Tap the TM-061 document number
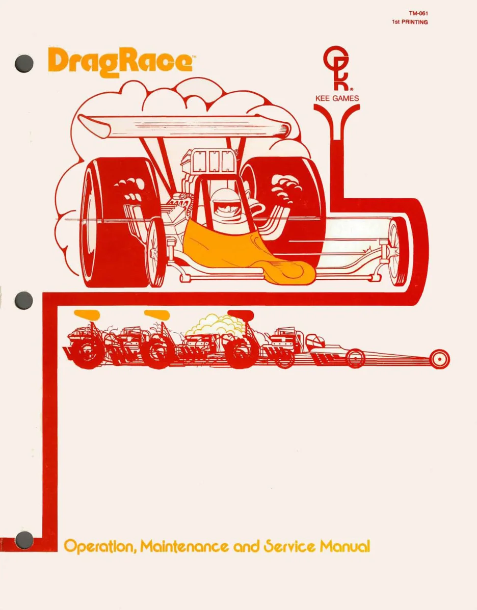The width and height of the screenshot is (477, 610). pos(418,13)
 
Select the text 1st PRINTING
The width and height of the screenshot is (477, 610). pos(410,22)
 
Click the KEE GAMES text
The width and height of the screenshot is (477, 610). pos(337,98)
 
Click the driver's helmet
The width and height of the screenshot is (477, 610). pos(225,201)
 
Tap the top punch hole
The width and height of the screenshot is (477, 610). pos(24,63)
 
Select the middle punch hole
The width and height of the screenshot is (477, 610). pos(24,300)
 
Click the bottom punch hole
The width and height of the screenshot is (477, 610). pos(24,540)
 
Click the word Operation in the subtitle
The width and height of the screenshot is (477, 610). pos(99,547)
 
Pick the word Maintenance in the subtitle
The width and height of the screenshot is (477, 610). pos(184,546)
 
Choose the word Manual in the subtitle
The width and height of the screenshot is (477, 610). pos(344,546)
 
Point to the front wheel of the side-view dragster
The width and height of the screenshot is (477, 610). pos(440,359)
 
